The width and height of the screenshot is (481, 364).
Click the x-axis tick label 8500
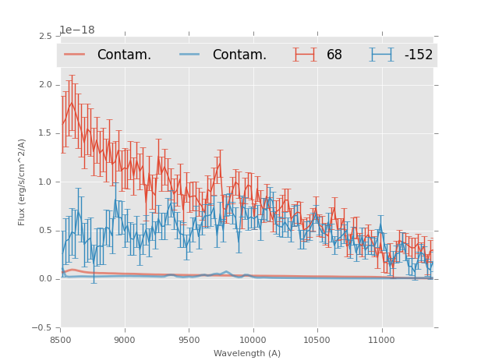60,340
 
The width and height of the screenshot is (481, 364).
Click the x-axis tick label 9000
125,340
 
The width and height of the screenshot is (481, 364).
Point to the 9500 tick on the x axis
189,340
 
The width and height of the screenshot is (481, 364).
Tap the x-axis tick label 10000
253,340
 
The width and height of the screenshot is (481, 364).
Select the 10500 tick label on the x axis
317,340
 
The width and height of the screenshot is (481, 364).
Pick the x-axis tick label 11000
381,340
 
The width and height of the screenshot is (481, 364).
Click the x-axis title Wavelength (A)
247,353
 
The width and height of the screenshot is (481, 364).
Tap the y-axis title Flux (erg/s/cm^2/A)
23,182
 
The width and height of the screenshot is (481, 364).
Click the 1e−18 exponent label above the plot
77,30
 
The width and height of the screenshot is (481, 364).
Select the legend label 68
334,55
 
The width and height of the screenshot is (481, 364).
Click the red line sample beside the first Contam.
75,55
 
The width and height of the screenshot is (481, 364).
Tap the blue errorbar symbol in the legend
381,55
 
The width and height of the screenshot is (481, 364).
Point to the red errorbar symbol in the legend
305,55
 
